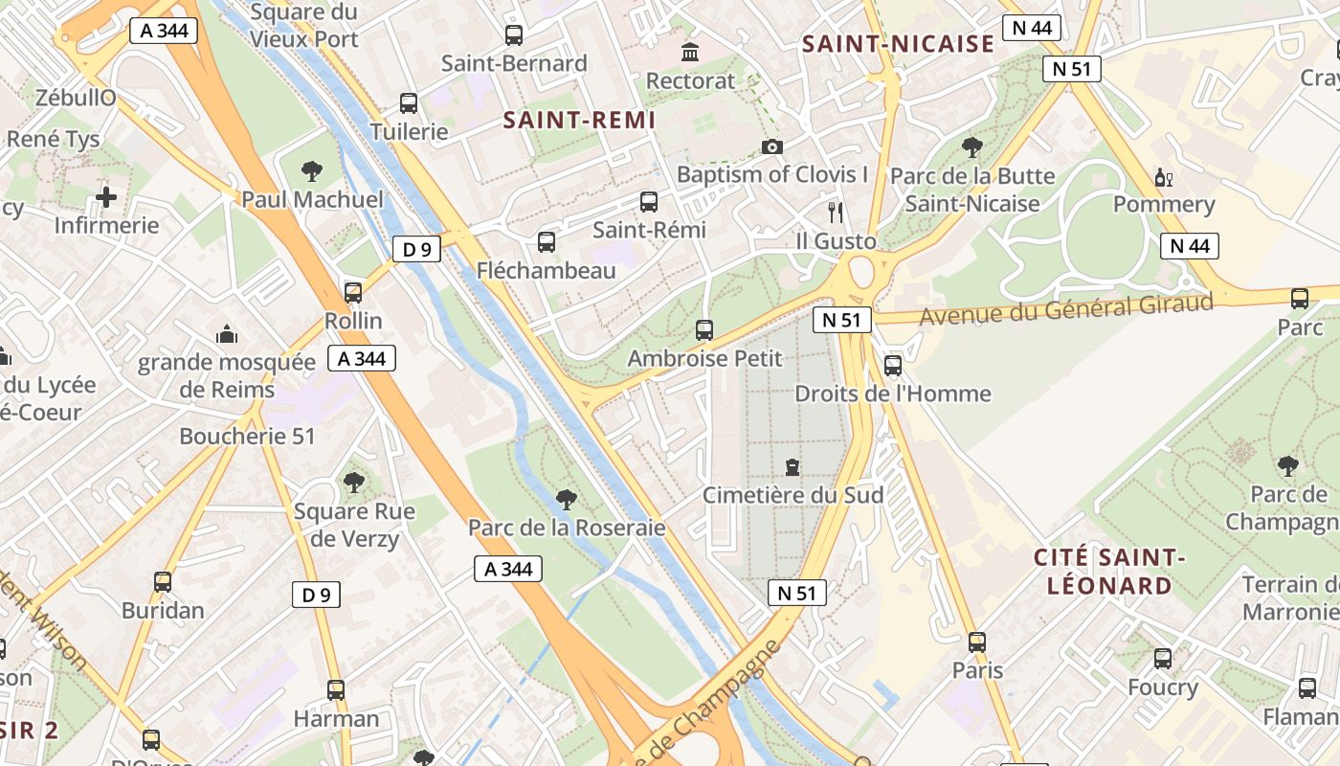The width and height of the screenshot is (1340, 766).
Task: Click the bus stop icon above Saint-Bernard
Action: (514, 35)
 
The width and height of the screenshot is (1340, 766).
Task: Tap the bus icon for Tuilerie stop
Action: (409, 103)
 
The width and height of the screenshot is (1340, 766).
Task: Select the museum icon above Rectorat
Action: (689, 52)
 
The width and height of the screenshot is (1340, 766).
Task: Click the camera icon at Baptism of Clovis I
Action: (771, 146)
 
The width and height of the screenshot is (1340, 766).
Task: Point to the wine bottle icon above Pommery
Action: (1164, 177)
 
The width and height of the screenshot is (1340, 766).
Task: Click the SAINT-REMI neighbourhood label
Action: (579, 120)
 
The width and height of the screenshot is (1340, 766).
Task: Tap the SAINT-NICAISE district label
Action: (898, 44)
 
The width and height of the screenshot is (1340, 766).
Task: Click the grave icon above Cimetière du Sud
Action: (793, 467)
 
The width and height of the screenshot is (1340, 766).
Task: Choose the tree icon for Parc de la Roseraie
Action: (566, 499)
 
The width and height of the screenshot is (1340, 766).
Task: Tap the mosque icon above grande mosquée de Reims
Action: (227, 334)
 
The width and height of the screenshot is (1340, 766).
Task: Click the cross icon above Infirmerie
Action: (106, 197)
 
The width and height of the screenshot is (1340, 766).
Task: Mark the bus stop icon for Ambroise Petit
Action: (704, 330)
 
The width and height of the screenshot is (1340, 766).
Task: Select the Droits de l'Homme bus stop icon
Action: (893, 365)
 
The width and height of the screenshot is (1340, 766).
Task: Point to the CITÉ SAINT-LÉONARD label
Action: (1109, 571)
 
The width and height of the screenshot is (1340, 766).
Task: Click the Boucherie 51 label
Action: (247, 436)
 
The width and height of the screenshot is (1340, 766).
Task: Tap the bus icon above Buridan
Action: (163, 582)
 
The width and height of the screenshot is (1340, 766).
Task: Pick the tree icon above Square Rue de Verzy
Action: (354, 483)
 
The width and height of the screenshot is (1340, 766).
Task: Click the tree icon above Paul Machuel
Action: (311, 171)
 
